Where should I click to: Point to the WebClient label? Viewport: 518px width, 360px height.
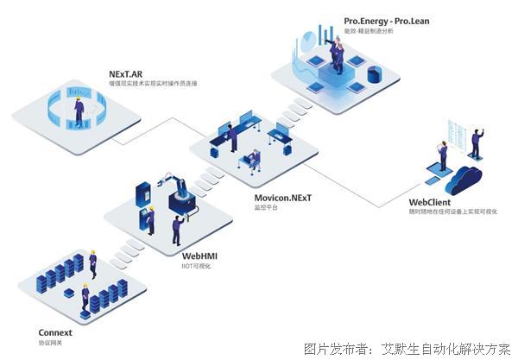(x=429, y=201)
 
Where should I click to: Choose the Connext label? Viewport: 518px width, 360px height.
(x=55, y=332)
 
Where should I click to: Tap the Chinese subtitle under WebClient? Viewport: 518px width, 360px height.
(x=452, y=212)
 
